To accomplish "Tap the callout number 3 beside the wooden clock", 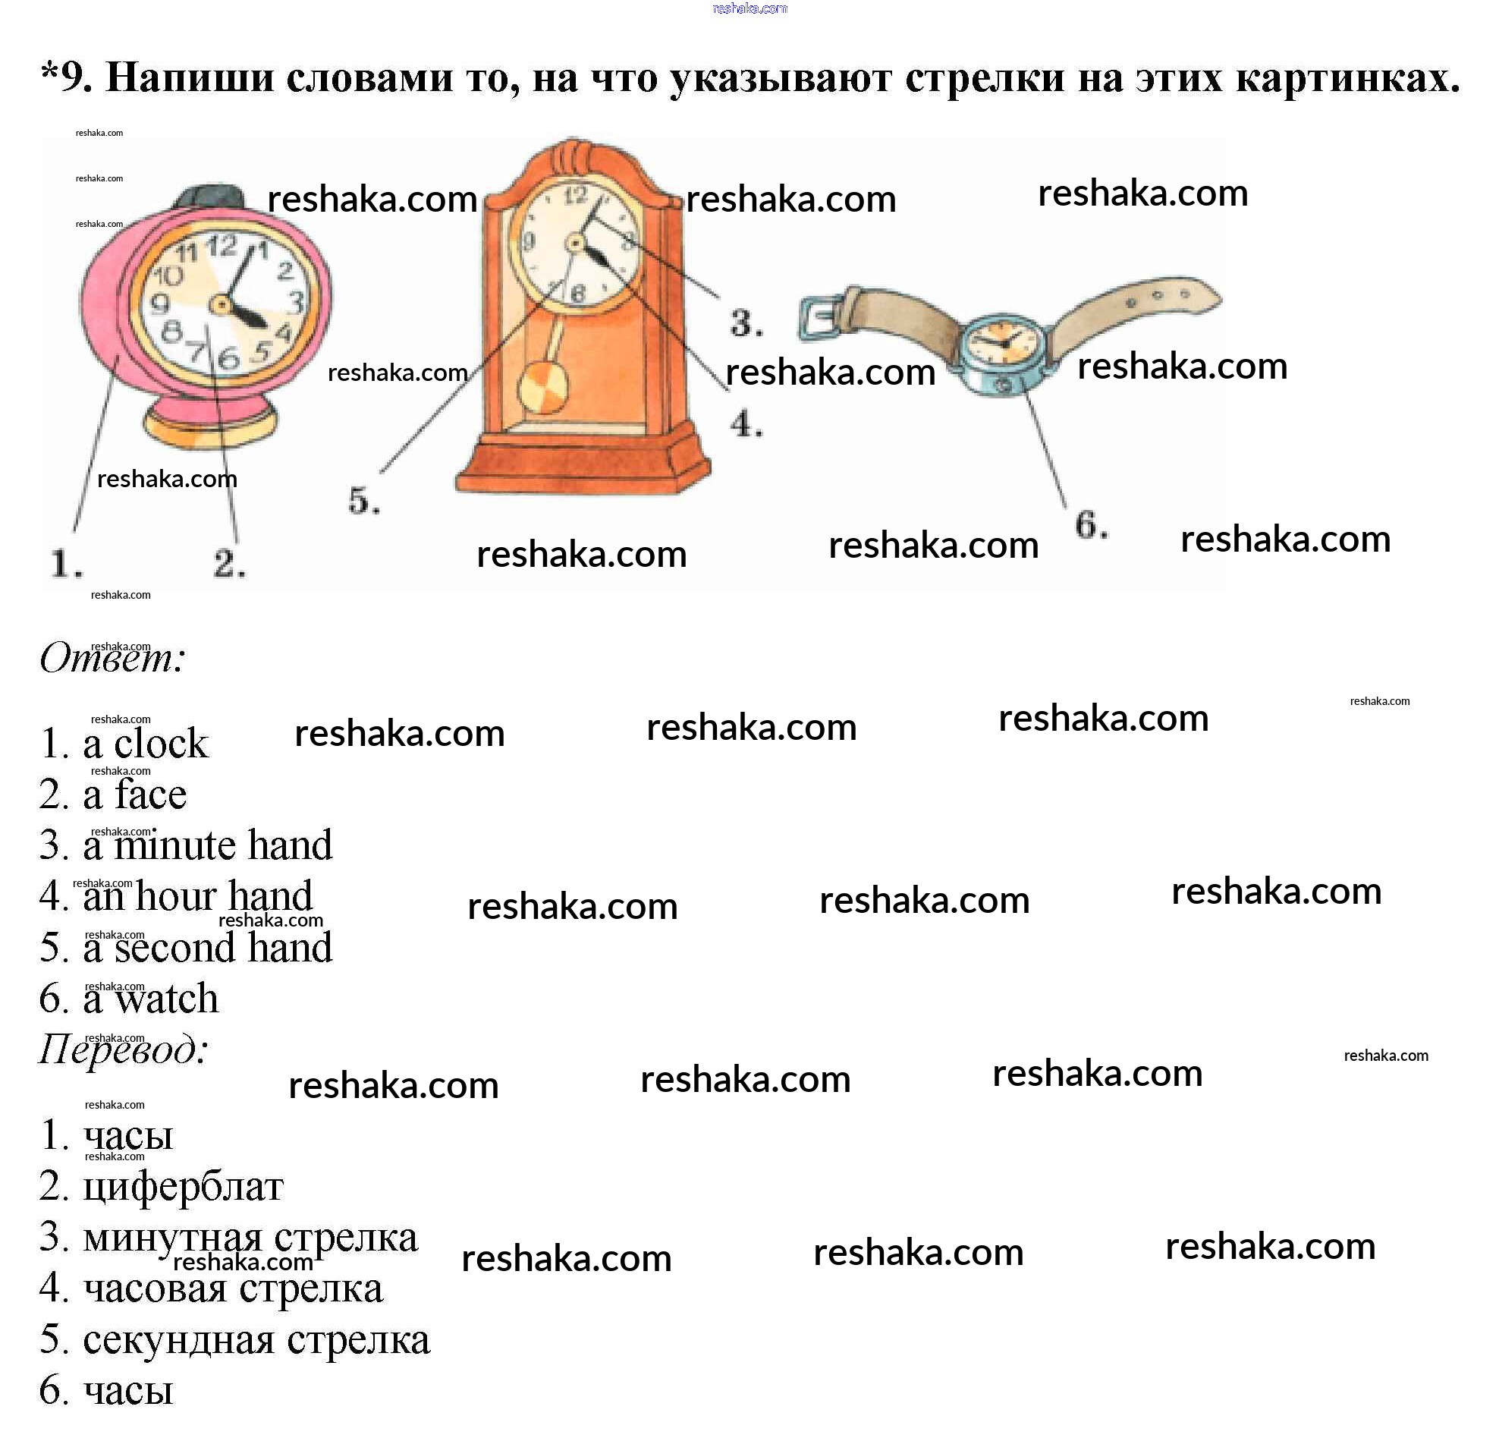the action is (746, 323).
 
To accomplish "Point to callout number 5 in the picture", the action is (364, 501).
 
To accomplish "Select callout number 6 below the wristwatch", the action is (1091, 525).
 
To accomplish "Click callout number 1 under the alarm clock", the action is (67, 564).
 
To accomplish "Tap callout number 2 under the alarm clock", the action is (228, 564).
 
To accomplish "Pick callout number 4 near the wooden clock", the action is (746, 423).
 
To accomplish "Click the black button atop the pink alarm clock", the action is (209, 197).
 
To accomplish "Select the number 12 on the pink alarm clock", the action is (222, 247).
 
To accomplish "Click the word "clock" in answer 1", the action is (161, 744).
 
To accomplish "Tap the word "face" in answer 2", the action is (151, 794).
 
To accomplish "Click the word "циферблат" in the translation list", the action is (183, 1188).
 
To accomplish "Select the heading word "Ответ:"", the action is (112, 659).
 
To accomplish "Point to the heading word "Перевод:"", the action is (123, 1049).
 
